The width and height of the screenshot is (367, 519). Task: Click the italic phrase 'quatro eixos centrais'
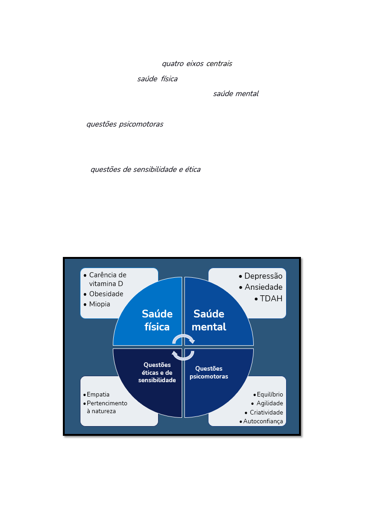click(x=197, y=64)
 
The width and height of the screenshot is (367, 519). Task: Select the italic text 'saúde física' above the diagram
click(x=158, y=79)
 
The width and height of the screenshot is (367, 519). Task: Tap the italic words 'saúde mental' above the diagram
click(x=236, y=94)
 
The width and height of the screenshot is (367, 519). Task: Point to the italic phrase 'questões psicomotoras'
click(x=125, y=124)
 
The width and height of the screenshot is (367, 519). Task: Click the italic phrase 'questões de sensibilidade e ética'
click(x=146, y=170)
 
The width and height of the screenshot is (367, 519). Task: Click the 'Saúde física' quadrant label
click(x=157, y=320)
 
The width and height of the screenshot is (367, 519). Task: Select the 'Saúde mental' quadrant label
click(x=209, y=320)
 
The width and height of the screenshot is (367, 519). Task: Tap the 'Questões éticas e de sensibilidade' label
click(x=157, y=372)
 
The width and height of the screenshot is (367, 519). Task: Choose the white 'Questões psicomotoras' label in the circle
click(x=209, y=372)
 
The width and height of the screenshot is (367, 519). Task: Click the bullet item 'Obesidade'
click(x=106, y=294)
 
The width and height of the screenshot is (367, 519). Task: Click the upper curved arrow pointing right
click(x=183, y=336)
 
